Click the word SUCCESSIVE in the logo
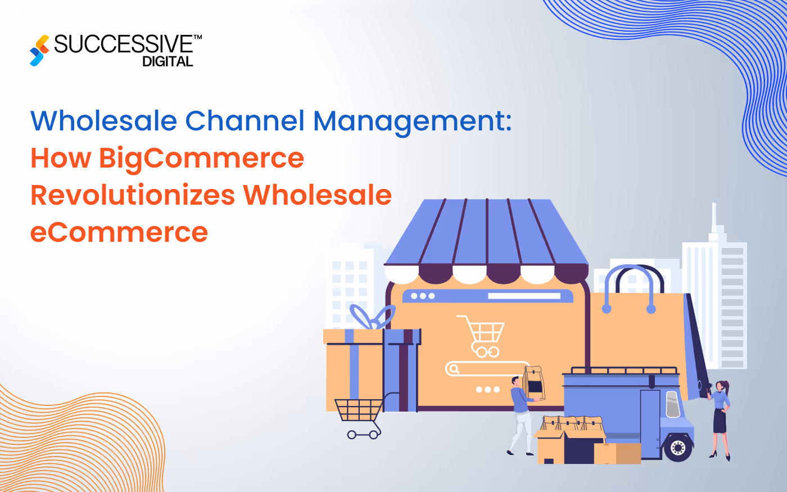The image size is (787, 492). click(124, 44)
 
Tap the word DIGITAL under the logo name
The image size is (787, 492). click(168, 62)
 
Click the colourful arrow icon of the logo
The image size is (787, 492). click(39, 50)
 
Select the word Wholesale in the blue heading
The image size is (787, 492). click(104, 121)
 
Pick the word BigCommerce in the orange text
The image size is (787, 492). click(201, 159)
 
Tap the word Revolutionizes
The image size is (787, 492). click(133, 195)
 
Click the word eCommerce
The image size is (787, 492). click(119, 232)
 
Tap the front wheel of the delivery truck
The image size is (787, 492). click(678, 447)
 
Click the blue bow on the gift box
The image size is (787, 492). click(371, 318)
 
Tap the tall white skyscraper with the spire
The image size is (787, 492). click(714, 292)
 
